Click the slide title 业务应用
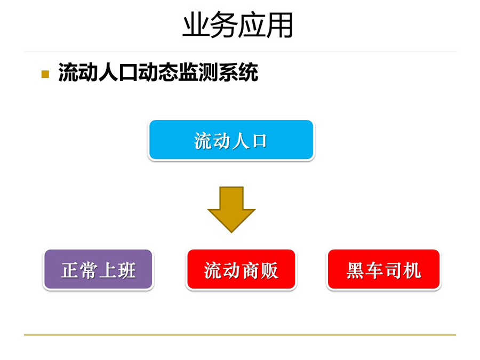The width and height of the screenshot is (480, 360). (x=238, y=25)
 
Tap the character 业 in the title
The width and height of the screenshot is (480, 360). (x=196, y=25)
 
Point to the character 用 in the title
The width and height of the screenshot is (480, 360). (x=280, y=25)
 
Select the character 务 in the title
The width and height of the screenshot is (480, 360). (x=224, y=25)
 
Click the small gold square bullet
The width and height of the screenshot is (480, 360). (x=45, y=74)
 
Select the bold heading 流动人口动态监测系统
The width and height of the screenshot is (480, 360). (x=158, y=73)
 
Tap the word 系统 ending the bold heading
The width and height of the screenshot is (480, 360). (x=238, y=73)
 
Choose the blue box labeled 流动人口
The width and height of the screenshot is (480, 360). (x=231, y=140)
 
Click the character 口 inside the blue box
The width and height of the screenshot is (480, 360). (x=259, y=141)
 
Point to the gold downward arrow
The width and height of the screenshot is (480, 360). (x=231, y=210)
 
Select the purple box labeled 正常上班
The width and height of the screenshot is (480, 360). (x=98, y=269)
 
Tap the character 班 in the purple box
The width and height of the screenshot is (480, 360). (x=127, y=270)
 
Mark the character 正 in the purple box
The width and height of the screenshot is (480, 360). (x=70, y=270)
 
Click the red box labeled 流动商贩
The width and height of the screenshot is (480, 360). (x=241, y=269)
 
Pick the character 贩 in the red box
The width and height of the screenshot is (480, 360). (x=269, y=270)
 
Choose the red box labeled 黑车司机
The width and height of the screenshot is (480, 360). (x=384, y=269)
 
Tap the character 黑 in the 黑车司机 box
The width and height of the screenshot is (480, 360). (x=355, y=270)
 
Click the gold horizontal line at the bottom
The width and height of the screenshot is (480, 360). (x=240, y=335)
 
